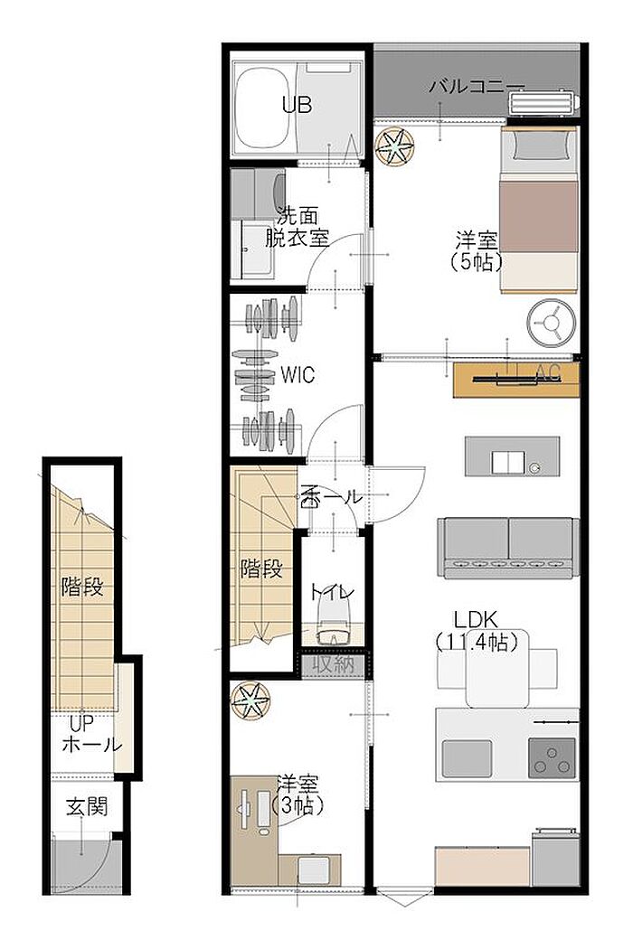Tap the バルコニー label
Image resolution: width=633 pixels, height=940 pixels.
pos(477,88)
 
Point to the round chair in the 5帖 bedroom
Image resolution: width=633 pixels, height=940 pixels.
pos(551,323)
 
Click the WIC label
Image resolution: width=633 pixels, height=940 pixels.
pos(298,375)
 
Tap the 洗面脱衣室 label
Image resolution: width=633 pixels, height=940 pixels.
pos(298,228)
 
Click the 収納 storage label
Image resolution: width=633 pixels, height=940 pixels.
pos(332,665)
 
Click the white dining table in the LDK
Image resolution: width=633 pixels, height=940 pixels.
pos(497,669)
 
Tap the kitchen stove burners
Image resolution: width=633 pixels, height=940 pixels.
pos(552,757)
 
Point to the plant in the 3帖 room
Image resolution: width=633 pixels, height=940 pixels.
pos(250,700)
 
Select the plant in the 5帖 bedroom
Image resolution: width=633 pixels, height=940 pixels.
pos(395,147)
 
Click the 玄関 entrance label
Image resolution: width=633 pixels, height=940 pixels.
pos(87,807)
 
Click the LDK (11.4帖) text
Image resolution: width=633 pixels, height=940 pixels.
pos(477,631)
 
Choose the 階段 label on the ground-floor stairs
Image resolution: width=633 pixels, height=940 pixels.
pos(82,587)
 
